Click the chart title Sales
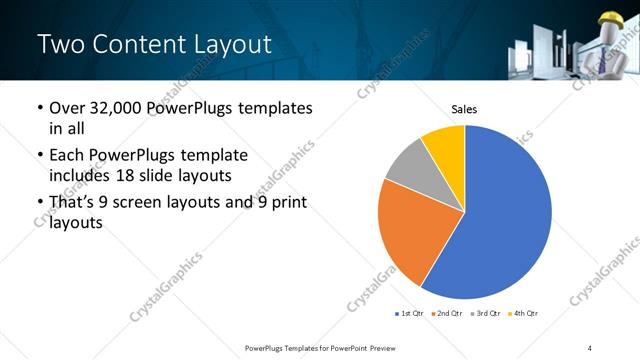tap(465, 108)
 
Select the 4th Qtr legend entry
tap(525, 314)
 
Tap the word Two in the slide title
tap(59, 44)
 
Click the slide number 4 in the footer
tap(590, 347)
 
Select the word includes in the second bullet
tap(82, 174)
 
